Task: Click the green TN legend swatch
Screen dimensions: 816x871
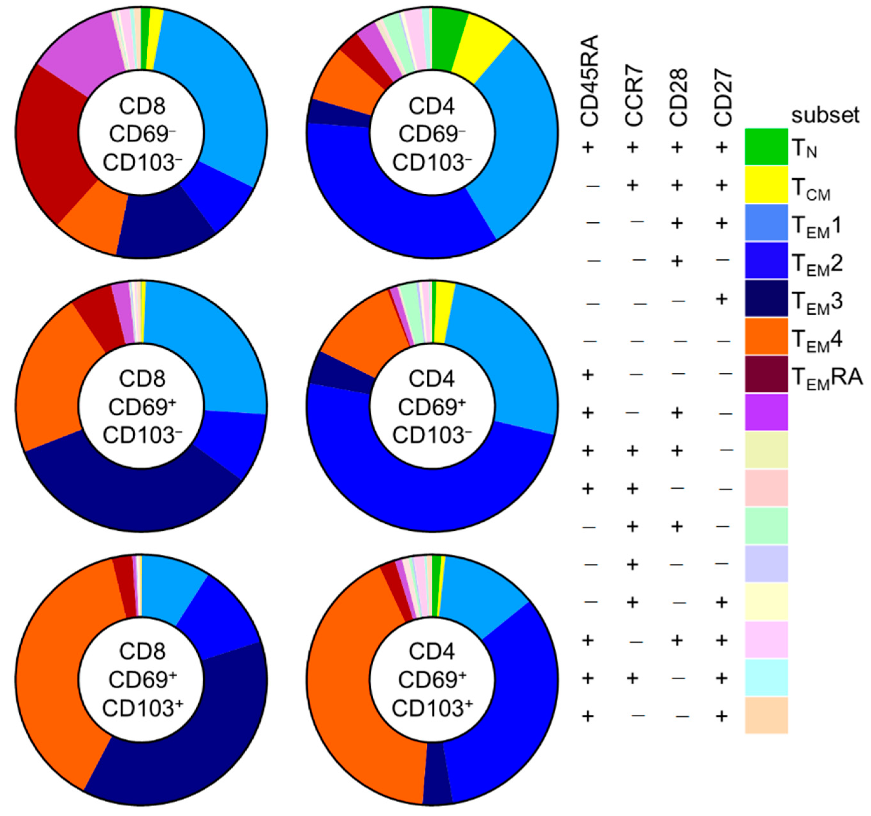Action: point(766,147)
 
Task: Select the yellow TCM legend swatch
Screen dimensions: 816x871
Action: point(766,185)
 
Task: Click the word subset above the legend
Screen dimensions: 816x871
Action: point(825,115)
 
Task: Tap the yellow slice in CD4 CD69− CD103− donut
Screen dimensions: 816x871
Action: point(480,48)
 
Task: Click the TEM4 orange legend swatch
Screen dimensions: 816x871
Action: point(766,336)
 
